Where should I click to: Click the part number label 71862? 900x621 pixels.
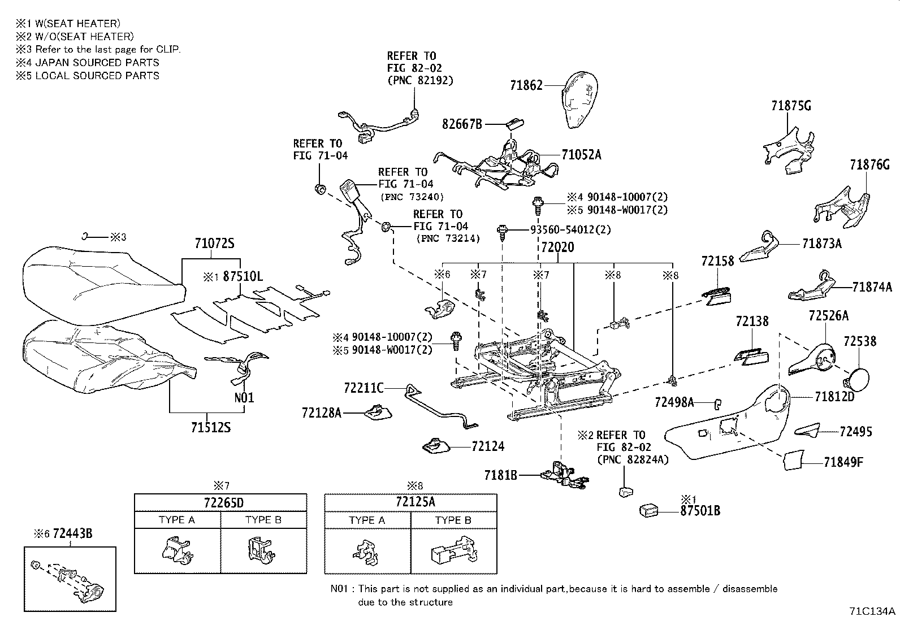coord(526,86)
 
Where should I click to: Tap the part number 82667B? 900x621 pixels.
coord(462,124)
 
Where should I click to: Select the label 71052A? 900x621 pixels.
coord(581,155)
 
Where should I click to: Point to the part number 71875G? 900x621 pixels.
coord(791,106)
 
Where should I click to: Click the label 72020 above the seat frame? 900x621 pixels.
coord(557,247)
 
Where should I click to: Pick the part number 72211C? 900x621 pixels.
coord(364,388)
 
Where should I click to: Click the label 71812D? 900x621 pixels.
coord(834,397)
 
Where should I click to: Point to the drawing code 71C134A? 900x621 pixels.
coord(872,611)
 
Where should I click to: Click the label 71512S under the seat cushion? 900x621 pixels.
coord(210,427)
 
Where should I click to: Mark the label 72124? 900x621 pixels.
coord(488,446)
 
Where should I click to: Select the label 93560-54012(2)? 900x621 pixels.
coord(570,230)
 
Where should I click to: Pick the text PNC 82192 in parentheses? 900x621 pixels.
coord(420,80)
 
